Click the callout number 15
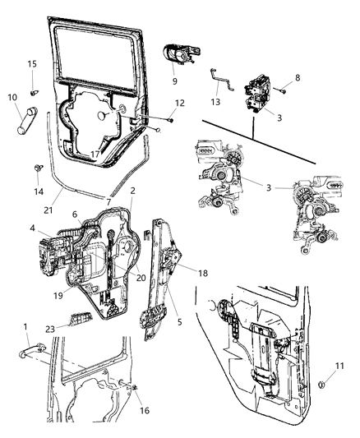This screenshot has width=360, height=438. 32,63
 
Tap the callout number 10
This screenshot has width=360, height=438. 12,98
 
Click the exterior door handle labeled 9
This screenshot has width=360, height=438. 180,53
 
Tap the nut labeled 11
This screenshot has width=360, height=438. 321,383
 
